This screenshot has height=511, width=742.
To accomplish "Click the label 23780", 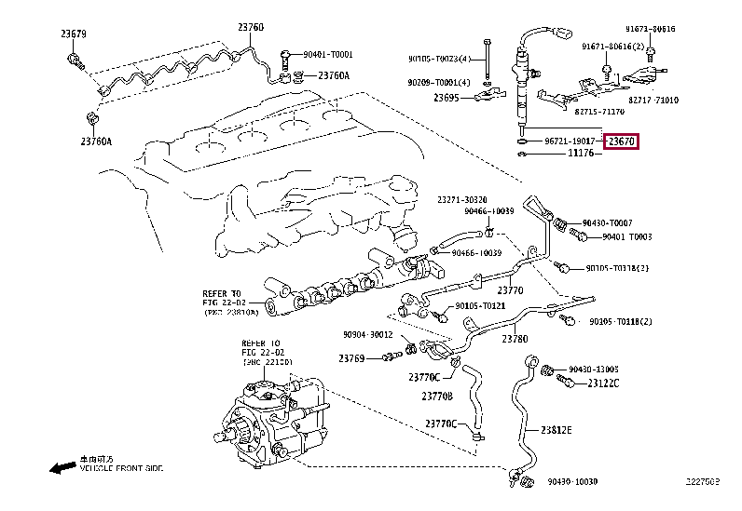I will [515, 339].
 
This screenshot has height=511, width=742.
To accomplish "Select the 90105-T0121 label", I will [480, 306].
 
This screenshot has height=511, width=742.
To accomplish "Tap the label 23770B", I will [438, 396].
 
